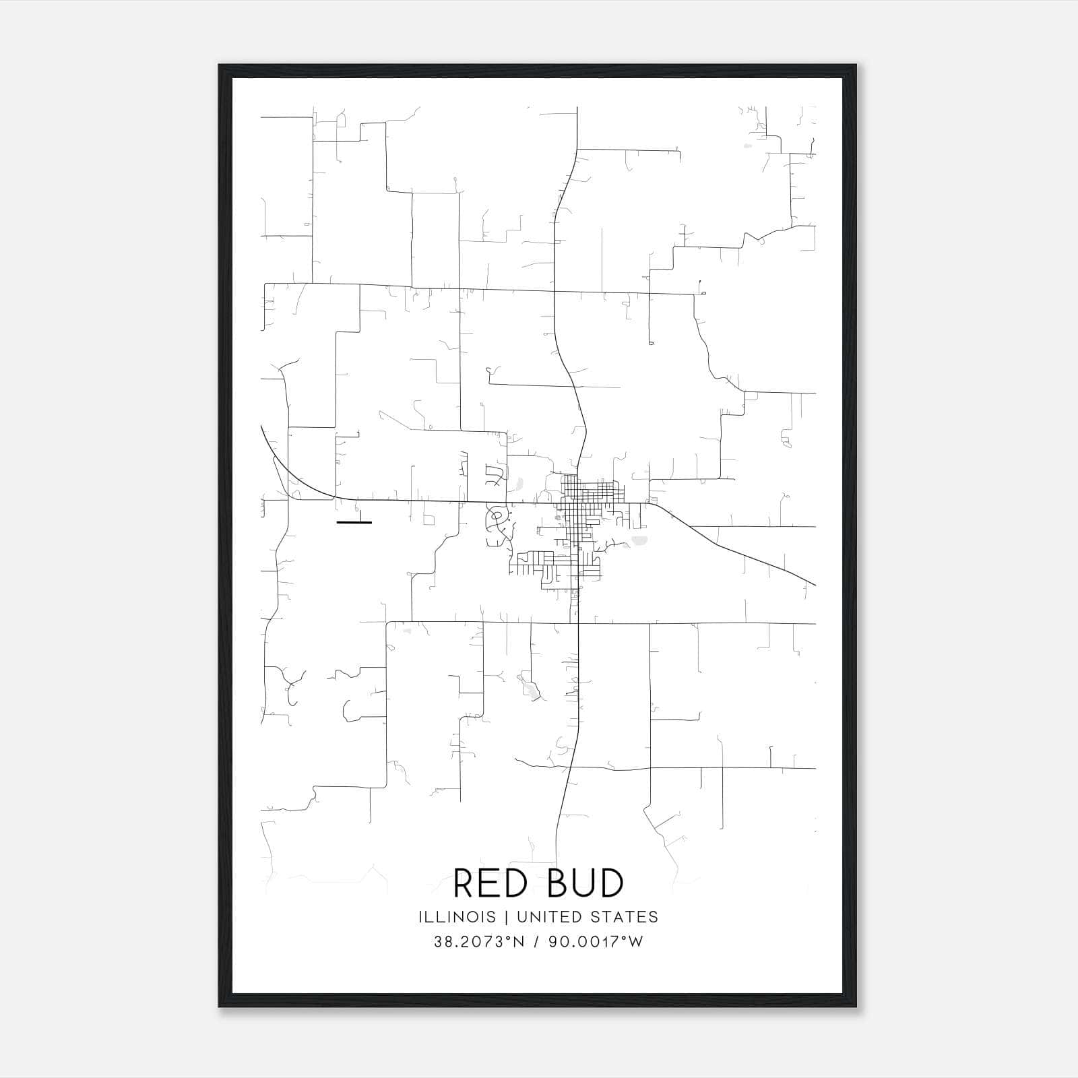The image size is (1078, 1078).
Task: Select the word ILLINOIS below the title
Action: pyautogui.click(x=457, y=917)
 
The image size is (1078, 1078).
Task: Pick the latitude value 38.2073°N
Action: pyautogui.click(x=479, y=942)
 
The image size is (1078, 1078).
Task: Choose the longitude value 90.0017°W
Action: pyautogui.click(x=596, y=942)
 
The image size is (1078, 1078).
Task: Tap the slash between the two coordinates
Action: pyautogui.click(x=536, y=942)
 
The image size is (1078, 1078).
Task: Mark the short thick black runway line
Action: pyautogui.click(x=354, y=522)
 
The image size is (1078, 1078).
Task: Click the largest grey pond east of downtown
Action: pyautogui.click(x=639, y=540)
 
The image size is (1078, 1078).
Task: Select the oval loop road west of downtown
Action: pyautogui.click(x=497, y=518)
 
